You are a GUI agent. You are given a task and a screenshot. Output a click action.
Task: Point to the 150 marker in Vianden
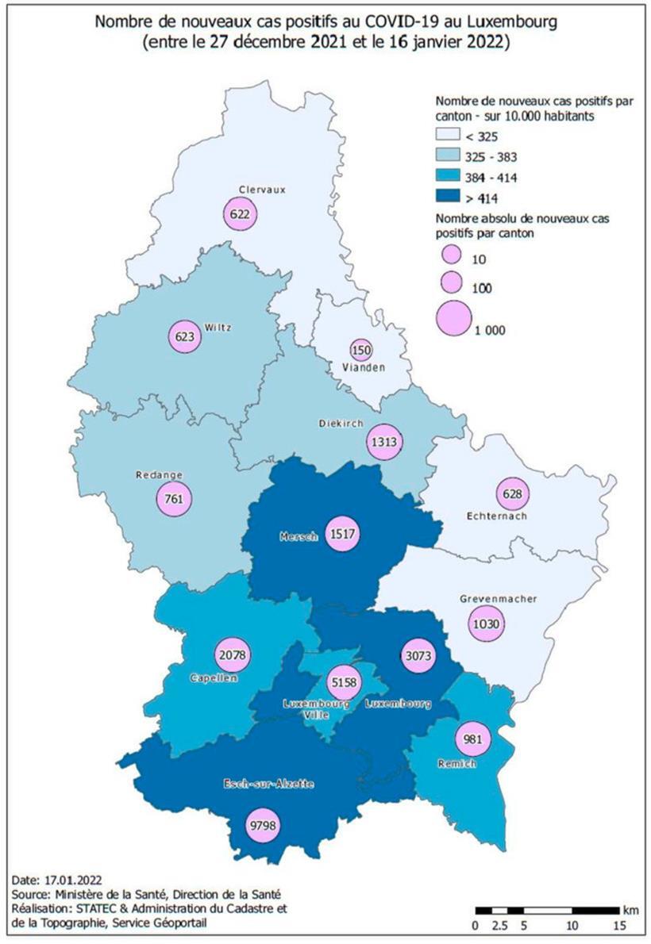pyautogui.click(x=361, y=350)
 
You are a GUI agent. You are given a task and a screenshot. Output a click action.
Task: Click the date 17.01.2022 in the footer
pyautogui.click(x=68, y=881)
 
